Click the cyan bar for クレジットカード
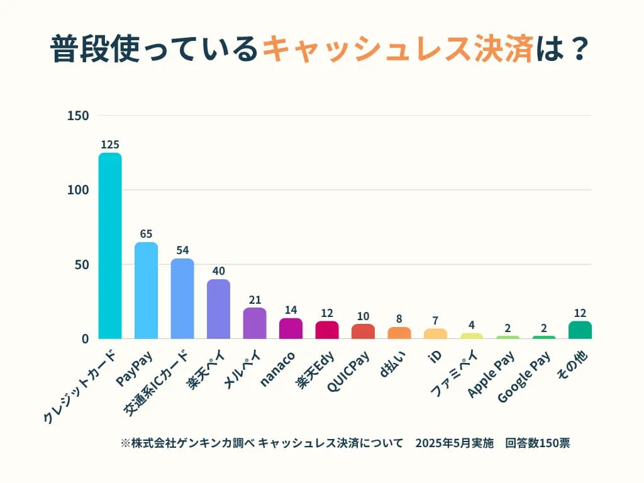(110, 246)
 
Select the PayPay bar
(146, 291)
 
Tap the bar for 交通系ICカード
(182, 299)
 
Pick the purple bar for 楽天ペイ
(218, 309)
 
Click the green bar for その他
(580, 330)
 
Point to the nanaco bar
(291, 328)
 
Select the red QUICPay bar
(363, 331)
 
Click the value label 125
(110, 145)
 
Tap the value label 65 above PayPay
(146, 234)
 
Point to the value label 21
(255, 300)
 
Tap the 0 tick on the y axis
(85, 339)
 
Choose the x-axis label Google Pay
(525, 377)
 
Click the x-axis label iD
(435, 356)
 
